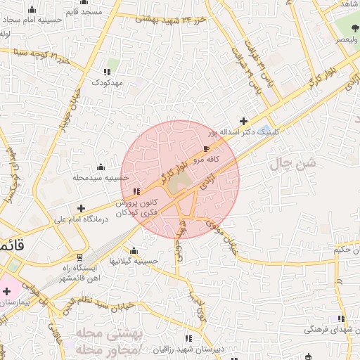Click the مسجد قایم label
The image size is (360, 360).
[x=83, y=12]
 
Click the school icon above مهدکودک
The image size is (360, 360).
[x=108, y=72]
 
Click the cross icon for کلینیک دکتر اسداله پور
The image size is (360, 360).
[x=244, y=121]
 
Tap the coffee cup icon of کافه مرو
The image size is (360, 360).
[x=206, y=149]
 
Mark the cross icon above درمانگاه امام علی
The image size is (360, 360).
[x=82, y=209]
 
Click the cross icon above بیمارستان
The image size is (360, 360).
[x=6, y=291]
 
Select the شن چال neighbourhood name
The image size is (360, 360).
[x=291, y=167]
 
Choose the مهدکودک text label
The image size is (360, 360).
[x=108, y=83]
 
